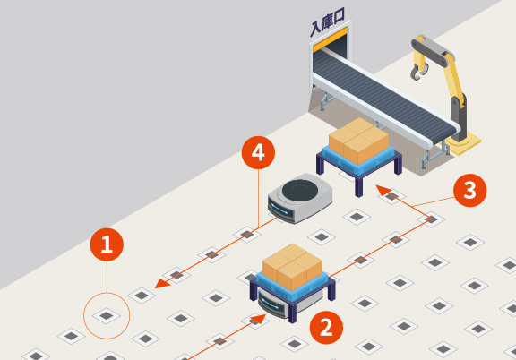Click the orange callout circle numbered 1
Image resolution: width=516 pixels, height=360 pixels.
tap(107, 244)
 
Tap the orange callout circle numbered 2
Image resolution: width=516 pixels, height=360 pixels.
tap(326, 328)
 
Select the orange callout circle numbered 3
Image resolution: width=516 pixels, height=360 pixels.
tap(469, 190)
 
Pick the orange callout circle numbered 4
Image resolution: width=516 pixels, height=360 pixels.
tap(258, 153)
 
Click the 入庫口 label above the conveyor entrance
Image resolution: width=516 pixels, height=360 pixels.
tap(328, 22)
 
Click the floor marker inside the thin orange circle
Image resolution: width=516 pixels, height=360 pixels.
tap(107, 316)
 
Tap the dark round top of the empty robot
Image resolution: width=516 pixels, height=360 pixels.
tap(299, 190)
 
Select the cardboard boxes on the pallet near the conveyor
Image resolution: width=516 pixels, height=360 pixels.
tap(358, 140)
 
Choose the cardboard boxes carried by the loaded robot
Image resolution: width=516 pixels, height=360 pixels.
tap(292, 266)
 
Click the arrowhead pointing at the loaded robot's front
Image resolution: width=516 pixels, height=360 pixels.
tap(258, 319)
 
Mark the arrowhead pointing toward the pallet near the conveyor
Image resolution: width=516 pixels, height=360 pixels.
tap(383, 190)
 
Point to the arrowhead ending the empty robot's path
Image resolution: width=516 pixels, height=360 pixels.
tap(162, 283)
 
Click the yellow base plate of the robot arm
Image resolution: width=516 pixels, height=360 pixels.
tap(463, 143)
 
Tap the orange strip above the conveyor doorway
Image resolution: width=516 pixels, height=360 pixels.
tap(330, 39)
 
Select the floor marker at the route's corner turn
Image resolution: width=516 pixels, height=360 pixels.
tap(431, 219)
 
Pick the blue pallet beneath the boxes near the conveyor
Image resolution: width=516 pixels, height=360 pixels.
tap(358, 157)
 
